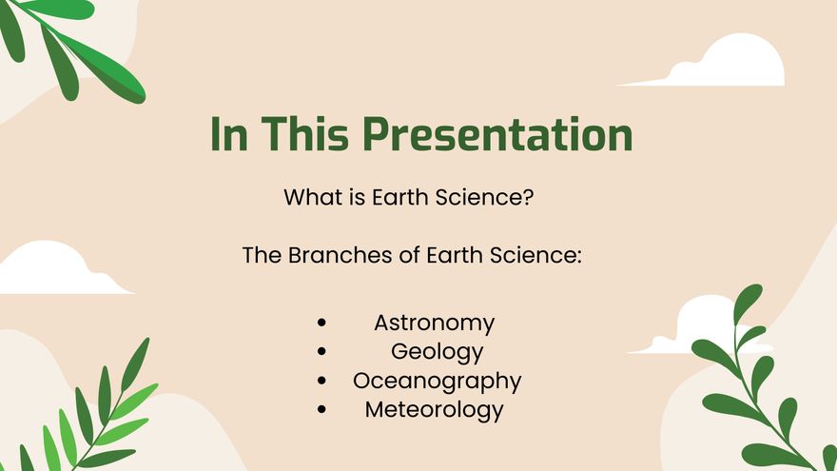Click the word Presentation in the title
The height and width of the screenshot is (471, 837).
point(498,134)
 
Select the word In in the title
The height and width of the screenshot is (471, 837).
point(228,134)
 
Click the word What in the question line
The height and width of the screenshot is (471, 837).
point(311,199)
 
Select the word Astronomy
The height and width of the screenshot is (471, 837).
point(434,323)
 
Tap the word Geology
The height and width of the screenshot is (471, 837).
point(437,351)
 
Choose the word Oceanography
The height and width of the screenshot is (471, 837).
point(437,381)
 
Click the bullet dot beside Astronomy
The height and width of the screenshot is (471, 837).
point(323,324)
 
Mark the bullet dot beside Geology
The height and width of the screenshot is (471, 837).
point(323,352)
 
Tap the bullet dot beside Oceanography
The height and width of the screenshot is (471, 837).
point(323,381)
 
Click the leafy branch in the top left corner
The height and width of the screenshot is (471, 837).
point(71,48)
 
